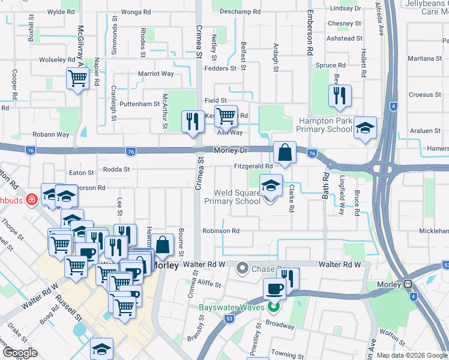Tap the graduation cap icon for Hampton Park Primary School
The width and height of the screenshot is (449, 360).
tap(365, 128)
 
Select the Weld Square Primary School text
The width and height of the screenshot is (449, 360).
tap(240, 197)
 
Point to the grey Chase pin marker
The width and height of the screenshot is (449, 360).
tap(243, 267)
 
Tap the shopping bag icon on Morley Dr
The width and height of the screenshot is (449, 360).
tap(285, 152)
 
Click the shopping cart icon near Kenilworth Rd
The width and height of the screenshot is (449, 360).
tap(226, 115)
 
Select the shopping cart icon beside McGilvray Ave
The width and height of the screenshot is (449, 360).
tap(78, 78)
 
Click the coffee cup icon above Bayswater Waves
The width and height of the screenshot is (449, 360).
tap(274, 289)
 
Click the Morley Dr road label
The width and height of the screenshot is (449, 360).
tap(231, 150)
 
